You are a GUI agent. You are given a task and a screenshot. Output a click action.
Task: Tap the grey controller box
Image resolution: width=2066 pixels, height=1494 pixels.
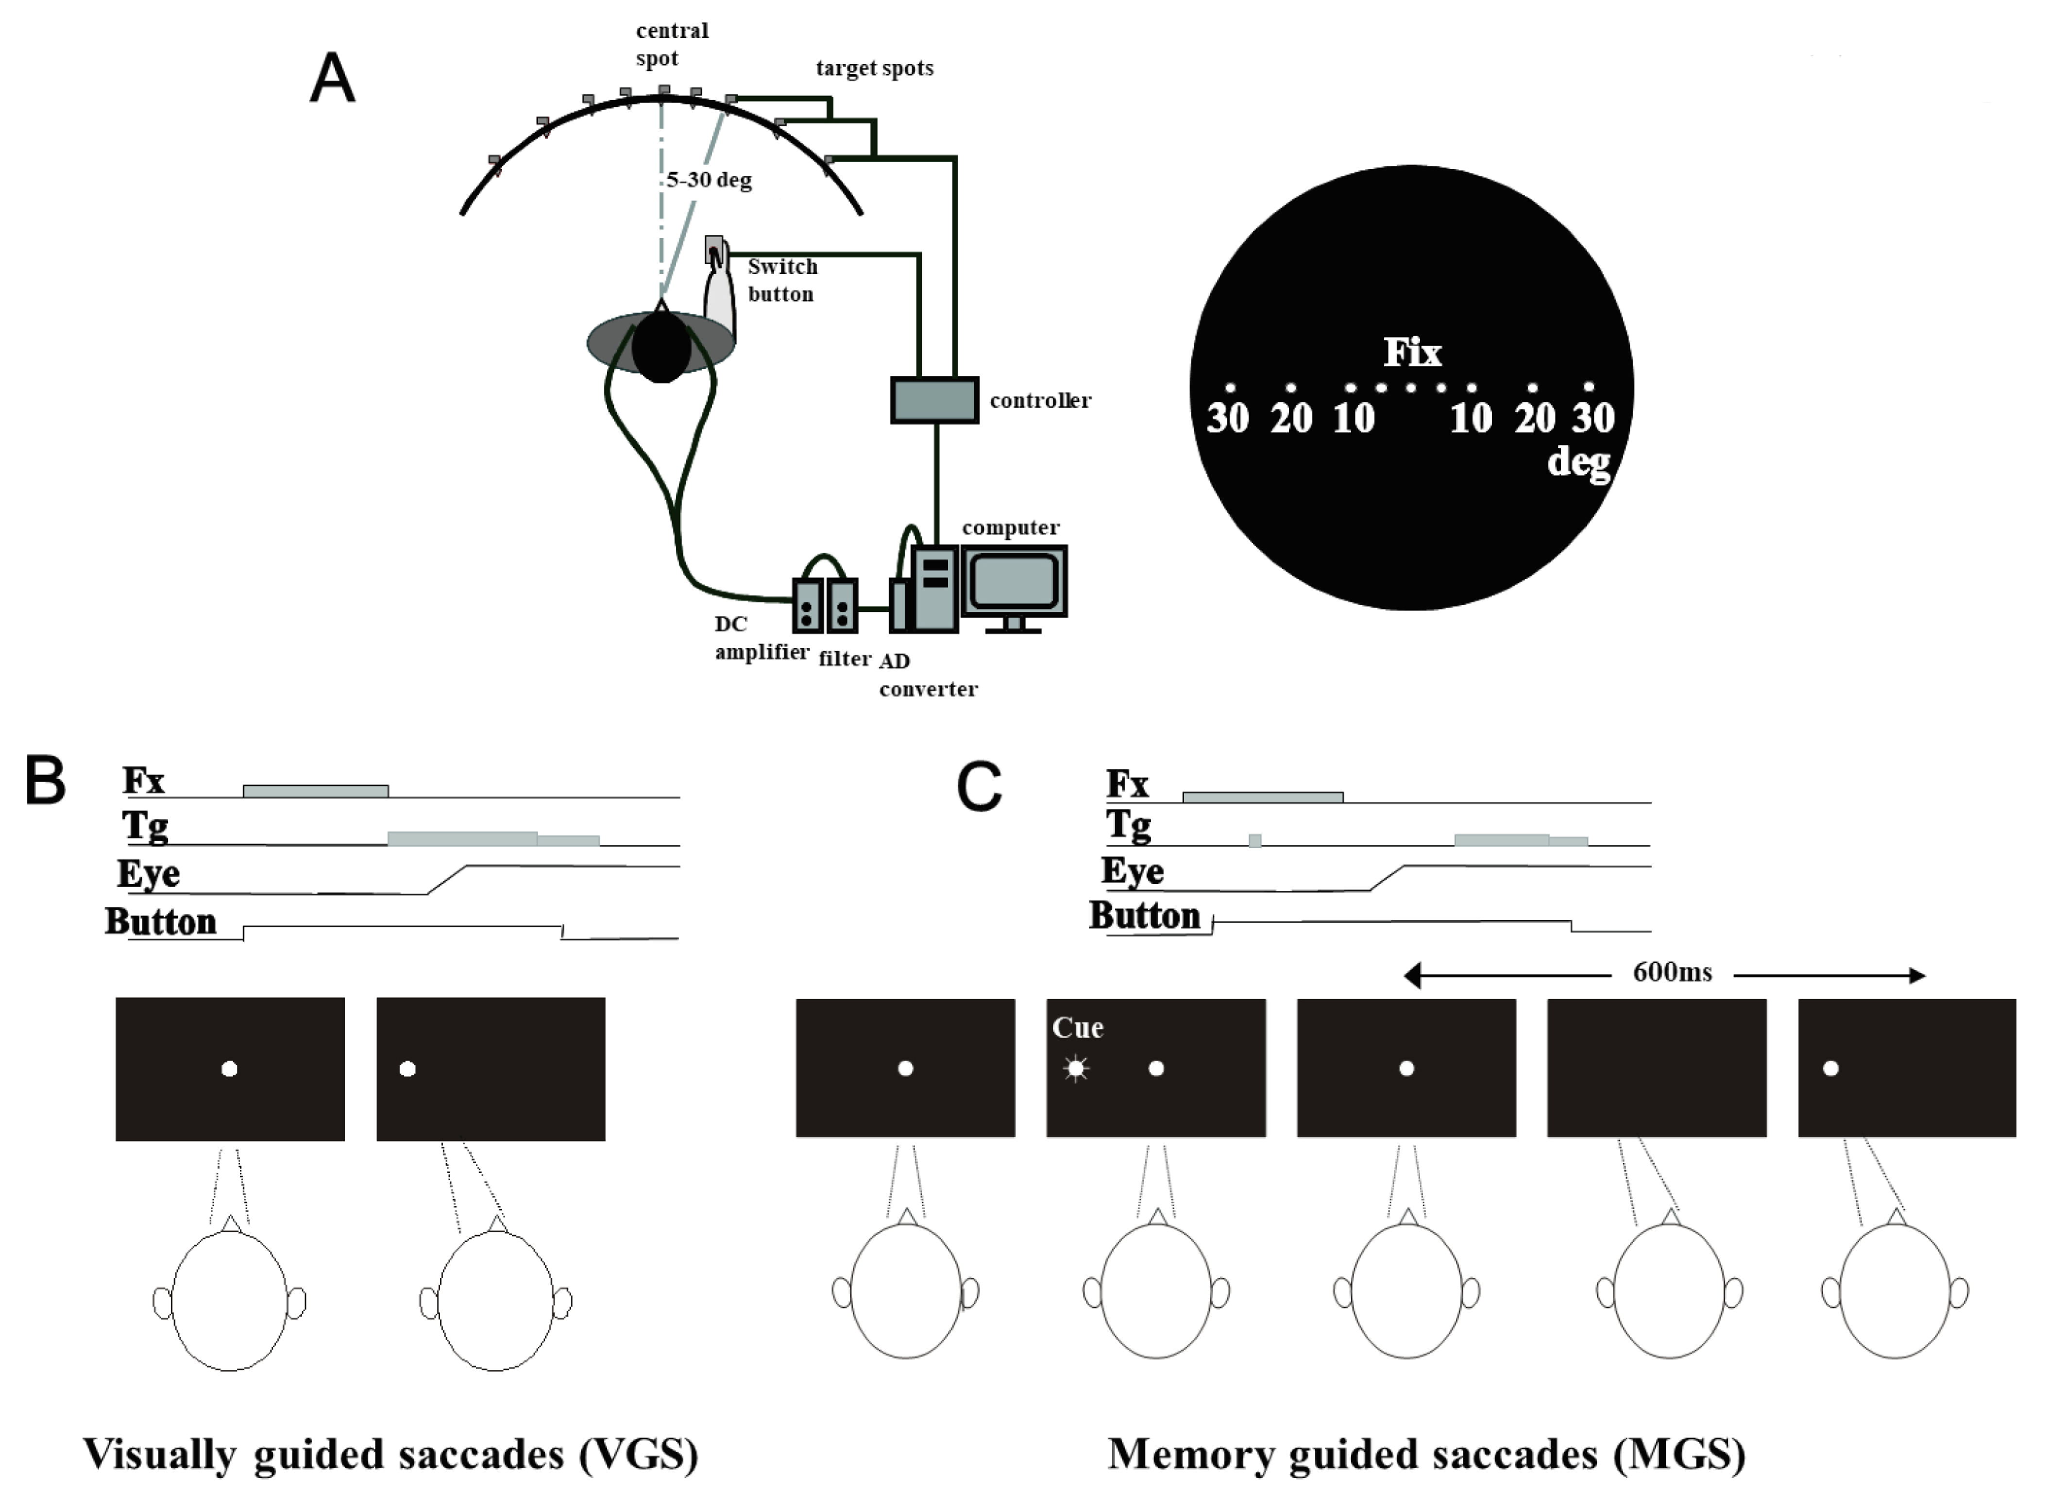tap(934, 400)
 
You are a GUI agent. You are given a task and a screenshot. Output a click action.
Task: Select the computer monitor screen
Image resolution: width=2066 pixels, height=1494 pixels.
tap(1013, 579)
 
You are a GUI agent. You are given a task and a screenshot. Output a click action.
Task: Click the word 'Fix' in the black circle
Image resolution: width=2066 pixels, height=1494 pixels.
tap(1412, 353)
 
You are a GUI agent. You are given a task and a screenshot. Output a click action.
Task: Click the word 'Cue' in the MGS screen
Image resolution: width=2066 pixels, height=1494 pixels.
tap(1078, 1028)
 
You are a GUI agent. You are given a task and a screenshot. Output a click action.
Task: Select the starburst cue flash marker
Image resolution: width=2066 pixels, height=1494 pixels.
tap(1076, 1068)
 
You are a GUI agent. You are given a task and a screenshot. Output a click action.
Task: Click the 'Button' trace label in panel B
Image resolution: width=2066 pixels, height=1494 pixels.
tap(160, 922)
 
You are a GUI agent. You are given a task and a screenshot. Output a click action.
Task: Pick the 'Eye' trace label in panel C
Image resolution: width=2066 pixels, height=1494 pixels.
tap(1132, 871)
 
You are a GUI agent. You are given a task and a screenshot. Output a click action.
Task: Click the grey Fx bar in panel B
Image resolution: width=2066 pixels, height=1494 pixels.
tap(315, 791)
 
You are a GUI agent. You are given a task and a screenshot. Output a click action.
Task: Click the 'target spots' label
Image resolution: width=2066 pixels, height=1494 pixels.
tap(874, 68)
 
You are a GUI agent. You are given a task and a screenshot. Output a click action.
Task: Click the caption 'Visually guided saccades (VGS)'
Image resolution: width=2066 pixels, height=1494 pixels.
tap(391, 1454)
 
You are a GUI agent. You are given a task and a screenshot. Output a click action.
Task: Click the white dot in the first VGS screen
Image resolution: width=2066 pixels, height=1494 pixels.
tap(230, 1069)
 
